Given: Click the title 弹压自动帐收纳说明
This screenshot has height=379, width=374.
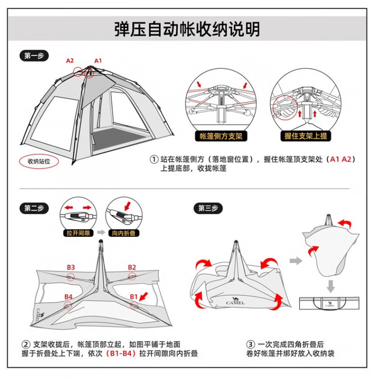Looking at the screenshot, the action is click(x=187, y=29).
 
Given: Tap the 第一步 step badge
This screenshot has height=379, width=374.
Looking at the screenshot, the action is click(x=34, y=56).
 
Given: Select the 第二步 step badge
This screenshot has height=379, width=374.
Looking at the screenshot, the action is click(x=34, y=208).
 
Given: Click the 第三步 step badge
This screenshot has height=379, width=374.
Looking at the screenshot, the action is click(x=208, y=208).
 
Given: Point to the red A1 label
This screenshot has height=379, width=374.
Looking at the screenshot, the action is click(x=98, y=61).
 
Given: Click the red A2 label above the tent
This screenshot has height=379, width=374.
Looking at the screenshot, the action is click(x=70, y=61).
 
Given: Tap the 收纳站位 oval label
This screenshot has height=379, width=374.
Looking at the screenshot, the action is click(x=38, y=162).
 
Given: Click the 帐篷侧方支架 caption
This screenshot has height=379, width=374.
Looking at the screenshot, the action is click(x=221, y=136).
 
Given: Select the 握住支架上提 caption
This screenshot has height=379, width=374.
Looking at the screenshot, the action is click(x=306, y=136).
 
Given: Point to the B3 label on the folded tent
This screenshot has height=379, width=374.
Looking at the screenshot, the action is click(x=71, y=267).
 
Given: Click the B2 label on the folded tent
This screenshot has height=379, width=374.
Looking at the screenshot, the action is click(x=132, y=267).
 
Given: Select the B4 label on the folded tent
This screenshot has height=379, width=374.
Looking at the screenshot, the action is click(x=68, y=297).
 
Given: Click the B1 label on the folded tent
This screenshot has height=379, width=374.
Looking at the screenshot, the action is click(x=134, y=297).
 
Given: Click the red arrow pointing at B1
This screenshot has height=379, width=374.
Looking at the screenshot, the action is click(x=144, y=298).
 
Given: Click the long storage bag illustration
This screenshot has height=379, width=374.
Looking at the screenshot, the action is click(x=328, y=303).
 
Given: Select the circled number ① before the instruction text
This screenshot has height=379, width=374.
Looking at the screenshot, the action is click(x=154, y=160).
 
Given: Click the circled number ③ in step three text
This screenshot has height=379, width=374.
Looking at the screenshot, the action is click(x=251, y=344).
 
